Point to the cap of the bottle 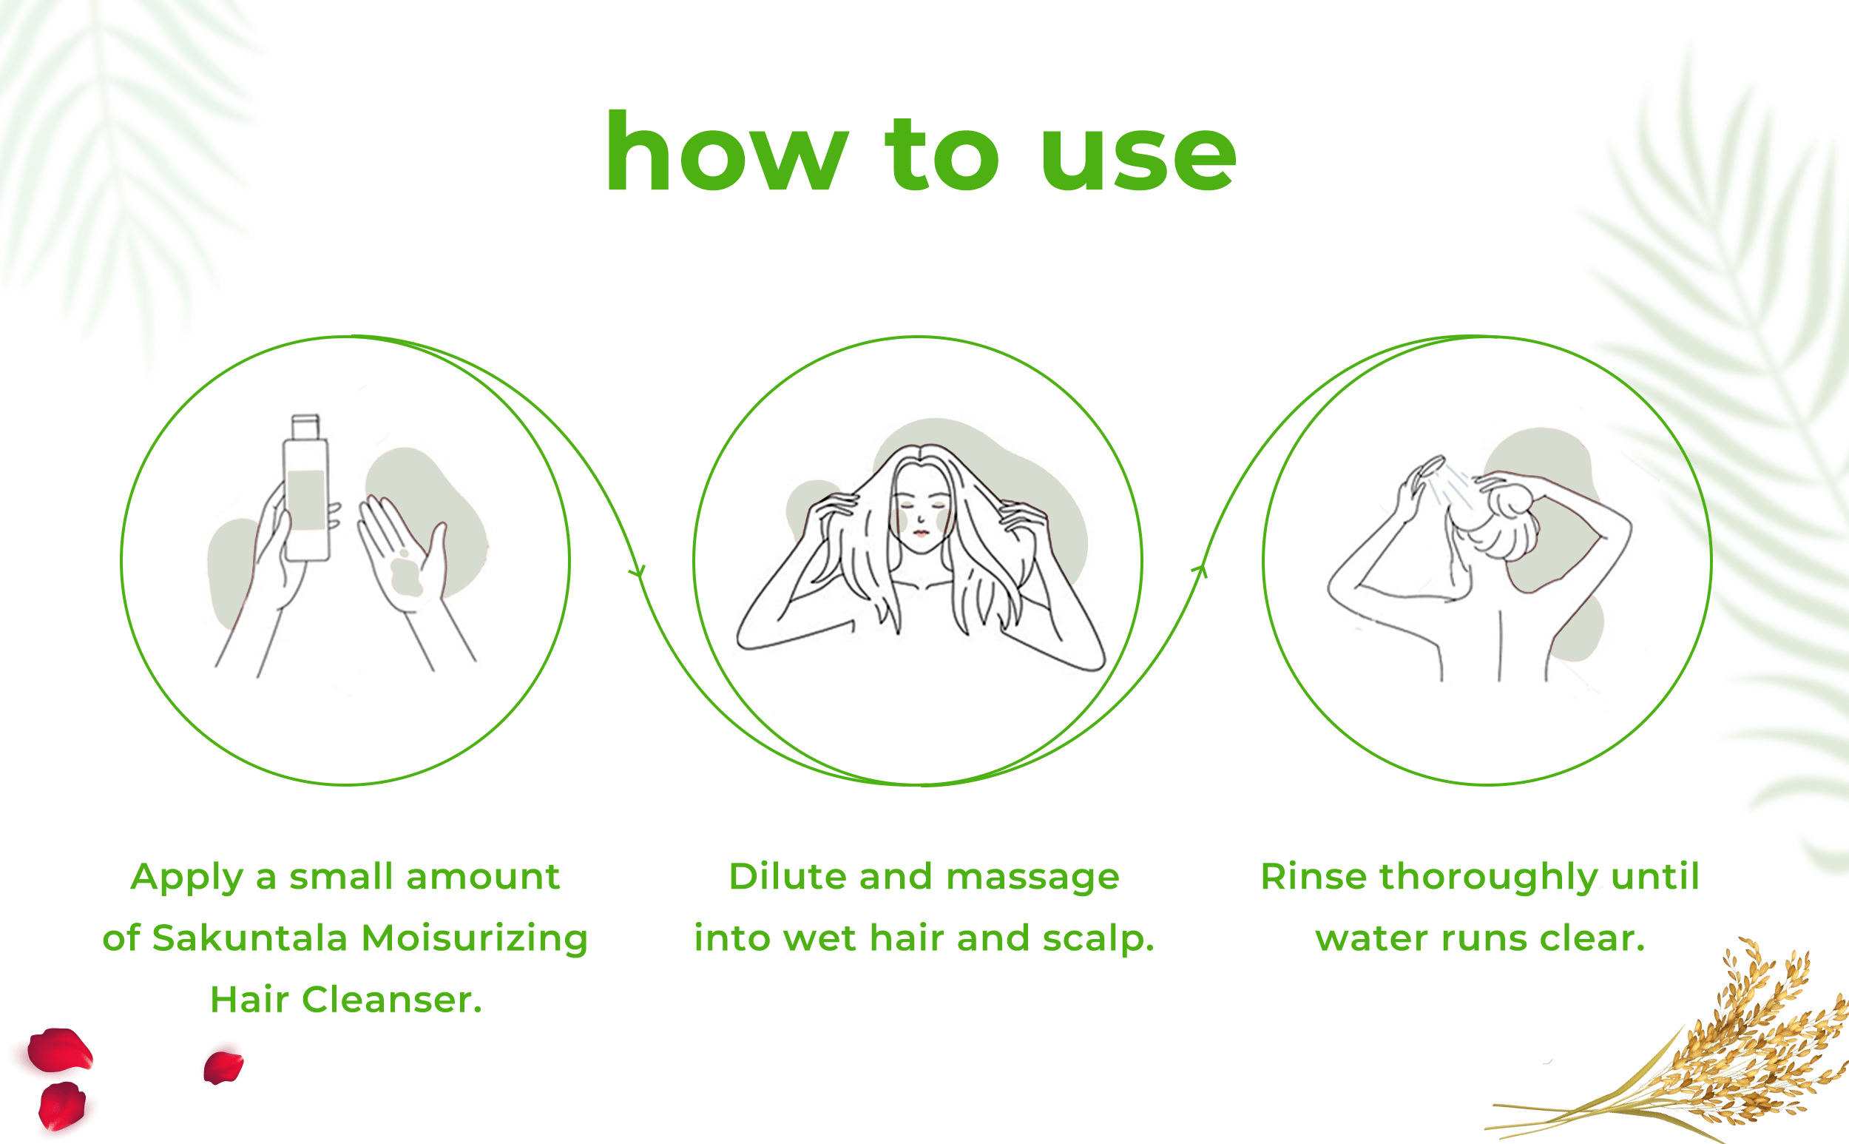pos(305,426)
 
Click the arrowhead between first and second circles pos(638,571)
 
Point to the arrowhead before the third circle pos(1200,571)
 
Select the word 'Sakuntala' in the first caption pos(249,938)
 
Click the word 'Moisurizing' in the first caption pos(475,939)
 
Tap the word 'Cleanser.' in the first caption pos(392,1000)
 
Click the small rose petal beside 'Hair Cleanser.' pos(223,1067)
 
